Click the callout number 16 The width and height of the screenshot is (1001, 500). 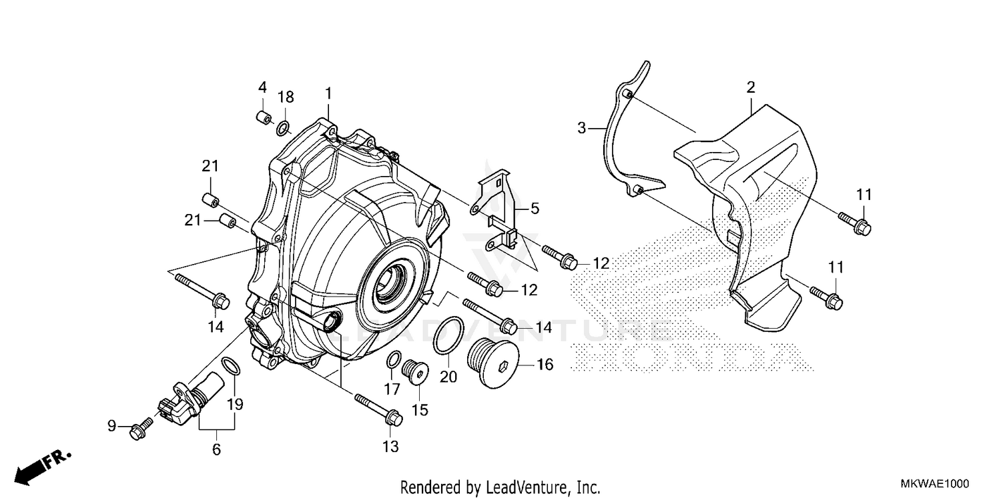click(545, 365)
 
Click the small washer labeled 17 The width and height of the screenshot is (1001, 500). click(394, 360)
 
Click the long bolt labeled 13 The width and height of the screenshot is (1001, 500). click(378, 409)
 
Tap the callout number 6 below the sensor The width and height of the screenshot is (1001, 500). click(216, 450)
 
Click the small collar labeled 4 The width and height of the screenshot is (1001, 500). click(263, 119)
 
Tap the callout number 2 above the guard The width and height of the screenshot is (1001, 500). click(751, 87)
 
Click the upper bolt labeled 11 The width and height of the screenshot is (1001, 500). click(854, 222)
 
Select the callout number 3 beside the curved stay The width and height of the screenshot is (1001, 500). click(582, 127)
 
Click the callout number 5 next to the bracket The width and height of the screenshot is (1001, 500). click(535, 209)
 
